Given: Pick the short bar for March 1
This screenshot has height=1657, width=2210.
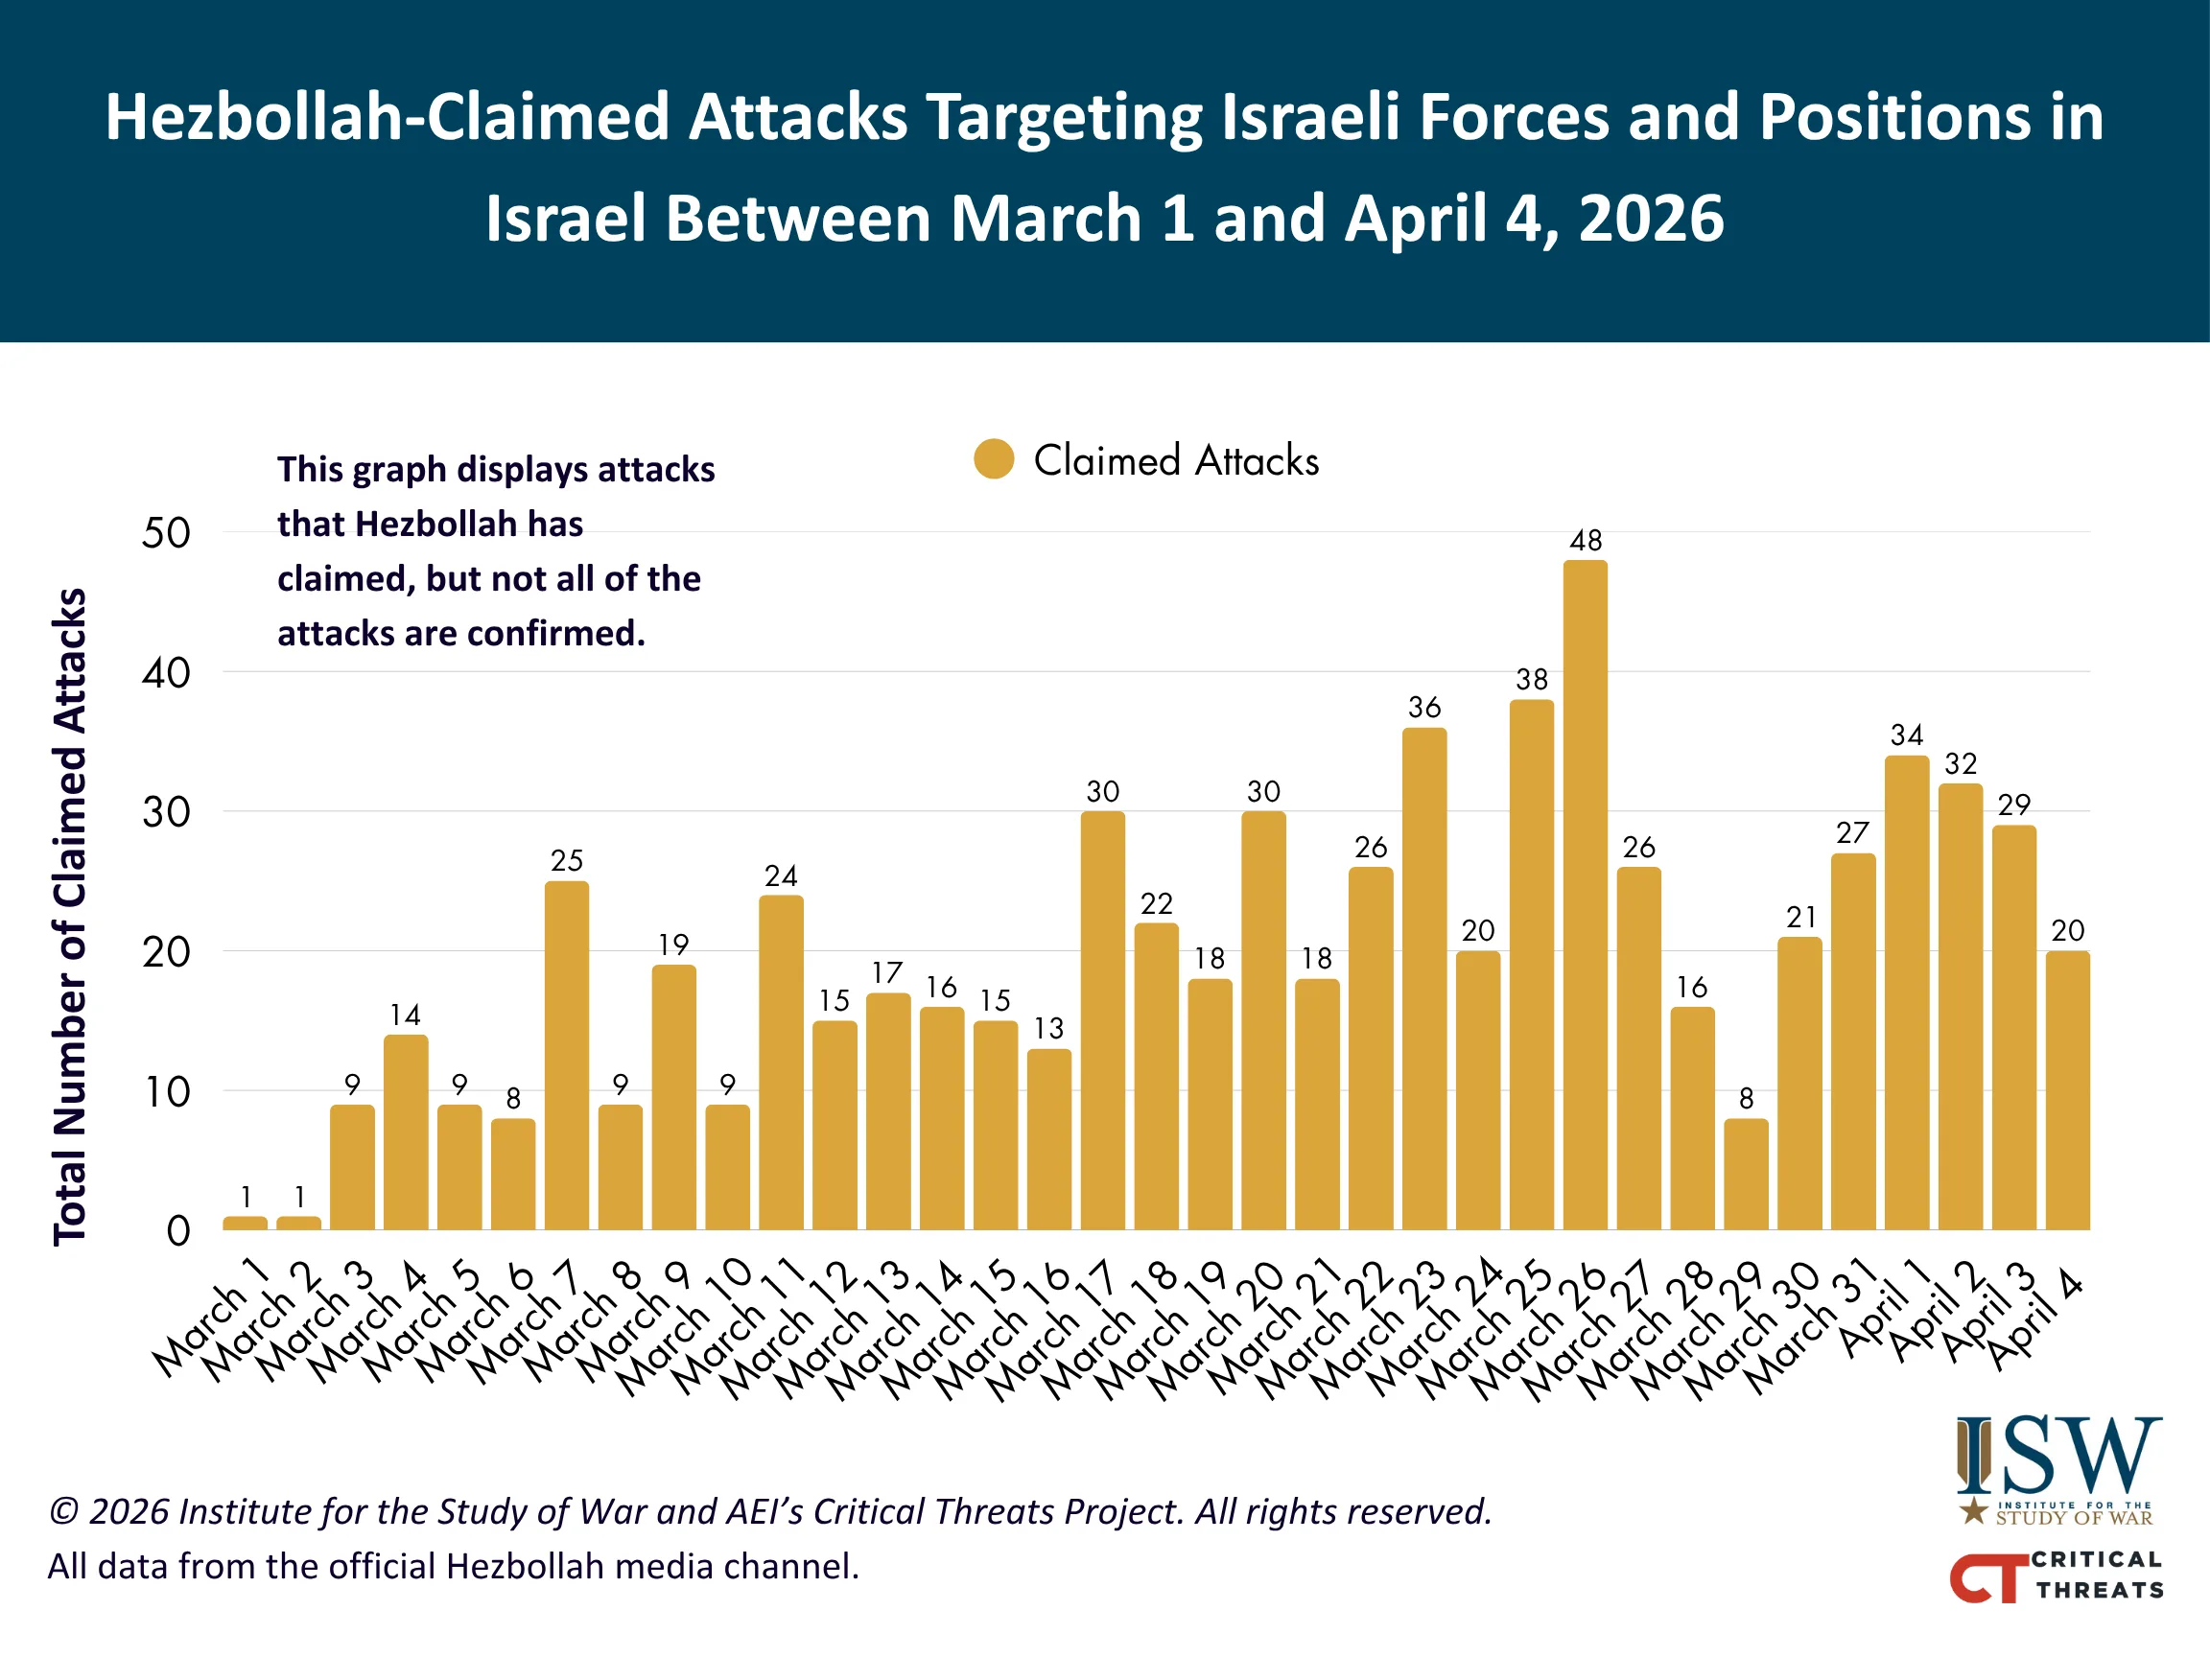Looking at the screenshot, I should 245,1223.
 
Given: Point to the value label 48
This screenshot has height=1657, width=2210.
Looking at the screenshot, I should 1586,541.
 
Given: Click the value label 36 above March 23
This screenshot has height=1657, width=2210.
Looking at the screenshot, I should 1423,707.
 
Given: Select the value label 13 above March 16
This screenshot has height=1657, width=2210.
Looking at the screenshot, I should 1048,1028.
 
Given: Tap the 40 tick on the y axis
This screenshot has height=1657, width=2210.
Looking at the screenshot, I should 166,673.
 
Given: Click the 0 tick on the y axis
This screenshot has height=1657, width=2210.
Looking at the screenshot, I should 177,1230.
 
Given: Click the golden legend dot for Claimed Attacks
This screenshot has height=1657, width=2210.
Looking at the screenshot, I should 993,459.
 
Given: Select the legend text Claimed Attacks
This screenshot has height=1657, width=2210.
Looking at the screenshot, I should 1175,460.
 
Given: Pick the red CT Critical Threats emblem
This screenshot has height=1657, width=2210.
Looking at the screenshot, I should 1988,1578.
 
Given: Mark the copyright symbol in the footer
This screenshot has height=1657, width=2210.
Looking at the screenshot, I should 63,1511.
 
